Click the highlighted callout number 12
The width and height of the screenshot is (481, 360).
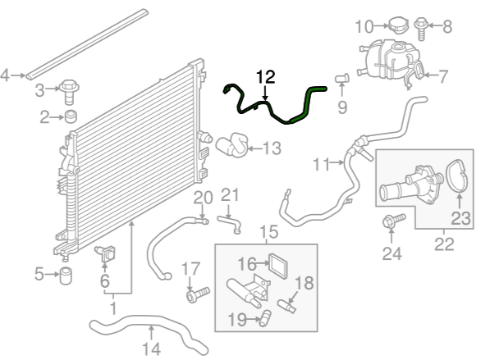tap(266, 77)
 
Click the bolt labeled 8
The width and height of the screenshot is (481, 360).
tap(421, 29)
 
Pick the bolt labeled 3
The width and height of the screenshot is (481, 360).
tap(69, 92)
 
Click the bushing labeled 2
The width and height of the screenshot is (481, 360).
tap(71, 116)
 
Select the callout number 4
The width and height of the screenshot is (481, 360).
tap(5, 75)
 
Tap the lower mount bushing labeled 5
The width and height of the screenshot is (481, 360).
tap(66, 276)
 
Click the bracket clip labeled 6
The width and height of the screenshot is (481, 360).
tap(106, 253)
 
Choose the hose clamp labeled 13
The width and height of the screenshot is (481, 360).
tap(232, 144)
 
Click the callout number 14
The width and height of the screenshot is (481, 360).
tap(152, 349)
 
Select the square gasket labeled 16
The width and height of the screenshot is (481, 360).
tap(278, 266)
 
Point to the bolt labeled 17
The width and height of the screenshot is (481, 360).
tap(198, 294)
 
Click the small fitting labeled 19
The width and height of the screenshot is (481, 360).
tap(265, 318)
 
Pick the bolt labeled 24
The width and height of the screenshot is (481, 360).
tap(394, 221)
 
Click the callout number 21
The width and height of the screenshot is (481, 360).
tap(230, 195)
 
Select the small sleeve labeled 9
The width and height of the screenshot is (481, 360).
tap(342, 78)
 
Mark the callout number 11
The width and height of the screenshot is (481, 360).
tap(321, 164)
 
